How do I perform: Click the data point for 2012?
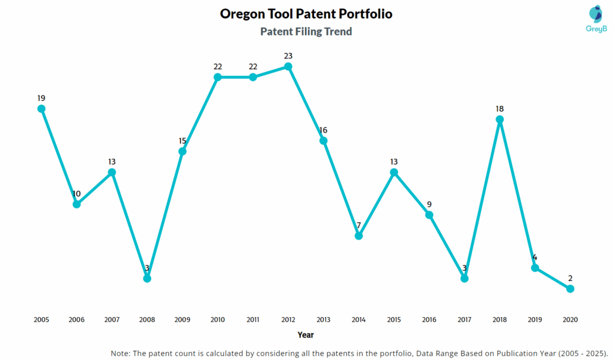[288, 67]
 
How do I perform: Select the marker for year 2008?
[147, 278]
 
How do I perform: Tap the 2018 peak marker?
[500, 120]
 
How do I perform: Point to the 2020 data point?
[570, 289]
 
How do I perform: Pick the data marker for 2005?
[41, 109]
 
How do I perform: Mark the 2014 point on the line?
[359, 236]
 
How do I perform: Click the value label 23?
[288, 56]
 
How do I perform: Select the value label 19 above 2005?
[41, 98]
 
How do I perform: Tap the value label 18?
[500, 109]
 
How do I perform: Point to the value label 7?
[359, 225]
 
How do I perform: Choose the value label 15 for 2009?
[182, 141]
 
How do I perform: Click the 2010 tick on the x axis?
[217, 320]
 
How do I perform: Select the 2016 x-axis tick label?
[429, 320]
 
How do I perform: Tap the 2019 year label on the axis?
[535, 320]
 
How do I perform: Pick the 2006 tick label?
[76, 320]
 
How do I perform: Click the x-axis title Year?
[306, 335]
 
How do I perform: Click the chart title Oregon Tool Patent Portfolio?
[306, 13]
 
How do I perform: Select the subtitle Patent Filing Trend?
[306, 31]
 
